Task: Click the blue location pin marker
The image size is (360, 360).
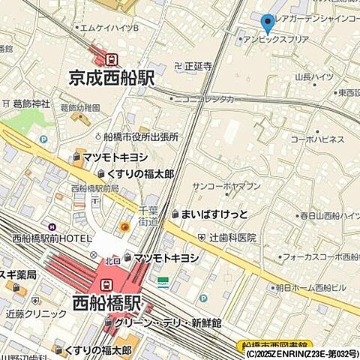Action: [268, 23]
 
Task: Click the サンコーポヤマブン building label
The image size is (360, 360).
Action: [226, 186]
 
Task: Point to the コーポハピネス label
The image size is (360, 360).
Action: [319, 139]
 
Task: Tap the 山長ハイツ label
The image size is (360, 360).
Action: [313, 76]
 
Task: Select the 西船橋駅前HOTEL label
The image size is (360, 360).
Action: [52, 239]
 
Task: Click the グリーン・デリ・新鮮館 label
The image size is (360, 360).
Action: [172, 322]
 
